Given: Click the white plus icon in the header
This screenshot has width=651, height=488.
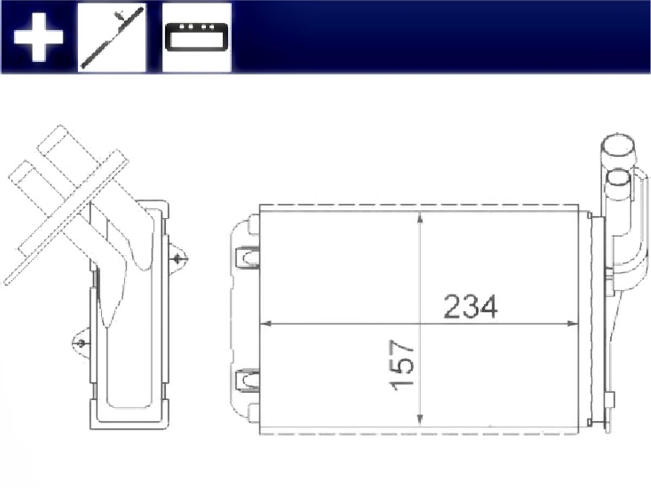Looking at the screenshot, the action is (x=39, y=37).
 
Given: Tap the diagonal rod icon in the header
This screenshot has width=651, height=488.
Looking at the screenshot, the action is (x=112, y=37).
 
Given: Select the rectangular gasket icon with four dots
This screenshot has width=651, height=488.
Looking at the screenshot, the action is (x=196, y=37).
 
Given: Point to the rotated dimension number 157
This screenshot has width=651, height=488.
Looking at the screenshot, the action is (x=401, y=365).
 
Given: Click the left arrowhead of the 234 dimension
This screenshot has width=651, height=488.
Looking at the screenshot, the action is (x=265, y=323).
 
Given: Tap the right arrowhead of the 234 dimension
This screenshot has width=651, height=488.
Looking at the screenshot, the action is (x=573, y=323).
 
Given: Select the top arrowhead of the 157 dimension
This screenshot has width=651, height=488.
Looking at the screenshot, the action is (x=420, y=218).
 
